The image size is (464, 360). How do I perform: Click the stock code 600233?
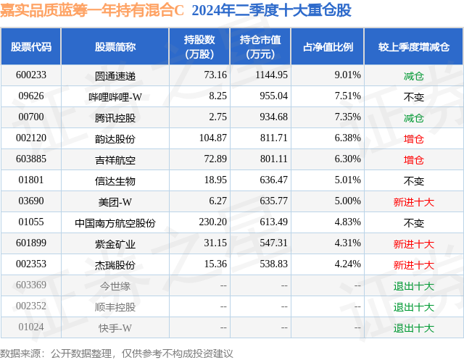click(31, 75)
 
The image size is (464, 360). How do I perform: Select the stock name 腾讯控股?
click(115, 117)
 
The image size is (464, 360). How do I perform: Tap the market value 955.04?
click(272, 96)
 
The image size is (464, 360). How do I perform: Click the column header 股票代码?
click(31, 47)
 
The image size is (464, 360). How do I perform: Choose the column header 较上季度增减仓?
click(413, 47)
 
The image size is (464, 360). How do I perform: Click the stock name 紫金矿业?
click(115, 243)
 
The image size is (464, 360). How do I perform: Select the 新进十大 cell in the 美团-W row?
click(413, 201)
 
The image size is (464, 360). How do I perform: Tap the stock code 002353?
click(31, 264)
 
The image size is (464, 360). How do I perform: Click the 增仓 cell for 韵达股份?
click(413, 138)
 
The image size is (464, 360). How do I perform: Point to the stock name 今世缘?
click(115, 285)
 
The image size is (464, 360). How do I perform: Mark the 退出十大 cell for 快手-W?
click(413, 328)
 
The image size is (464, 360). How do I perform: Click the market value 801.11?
click(272, 159)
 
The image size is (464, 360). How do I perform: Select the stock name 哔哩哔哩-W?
click(115, 96)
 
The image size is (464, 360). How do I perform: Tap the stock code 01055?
click(31, 222)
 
